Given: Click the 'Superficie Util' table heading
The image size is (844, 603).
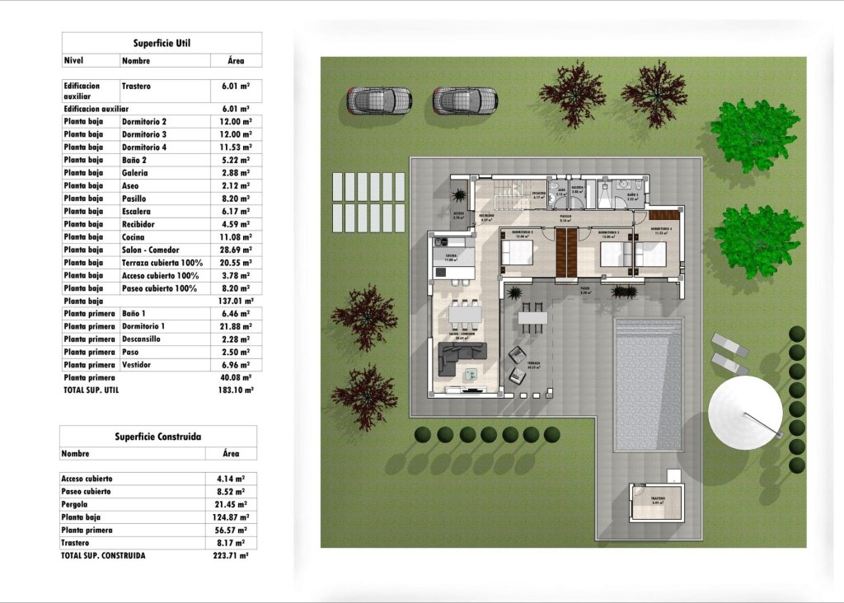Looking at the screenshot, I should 162,43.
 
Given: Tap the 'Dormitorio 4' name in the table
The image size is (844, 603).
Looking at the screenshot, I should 144,147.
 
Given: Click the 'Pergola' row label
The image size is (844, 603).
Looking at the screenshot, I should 74,504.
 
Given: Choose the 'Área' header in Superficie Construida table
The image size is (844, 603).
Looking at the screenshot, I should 231,454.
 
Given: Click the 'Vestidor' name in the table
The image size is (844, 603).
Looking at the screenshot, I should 136,364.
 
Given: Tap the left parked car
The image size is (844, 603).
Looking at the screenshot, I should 378,100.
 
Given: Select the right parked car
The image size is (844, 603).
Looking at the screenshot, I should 465,100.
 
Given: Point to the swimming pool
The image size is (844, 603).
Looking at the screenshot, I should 648,384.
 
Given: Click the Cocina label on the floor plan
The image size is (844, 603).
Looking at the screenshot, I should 451,256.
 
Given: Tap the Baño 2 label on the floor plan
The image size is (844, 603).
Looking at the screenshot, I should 632,196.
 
